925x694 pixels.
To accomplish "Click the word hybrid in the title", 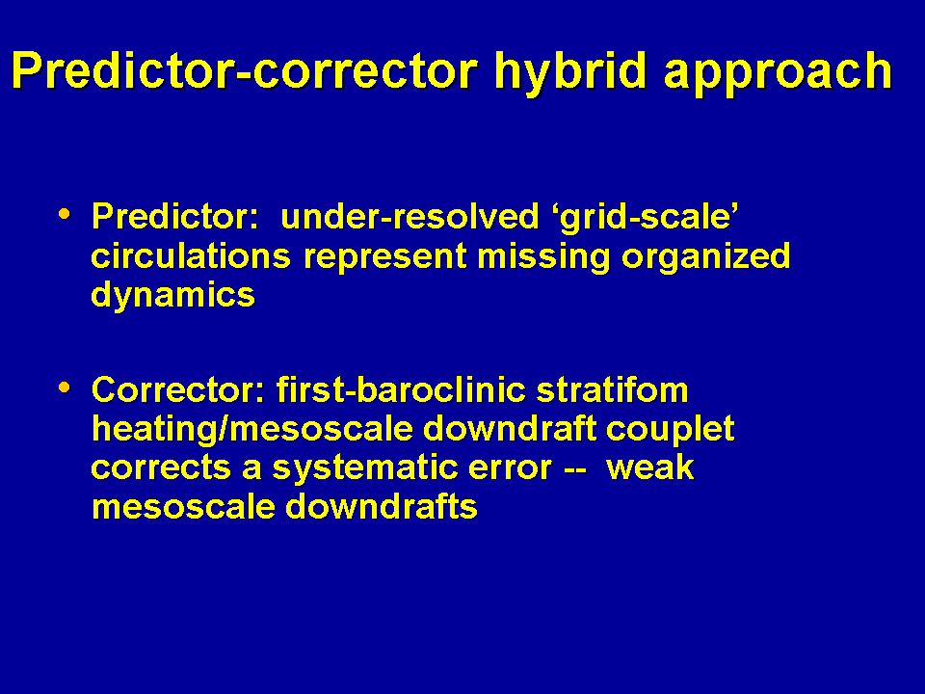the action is coord(570,73).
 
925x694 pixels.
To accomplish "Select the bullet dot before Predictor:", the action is coord(65,214).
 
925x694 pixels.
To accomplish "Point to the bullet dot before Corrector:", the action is coord(65,387).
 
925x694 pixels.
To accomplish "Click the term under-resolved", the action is coord(410,216).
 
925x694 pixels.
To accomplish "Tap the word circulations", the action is coord(191,256).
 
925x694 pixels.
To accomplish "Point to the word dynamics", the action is coord(172,295).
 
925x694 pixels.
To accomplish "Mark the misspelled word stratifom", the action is coord(613,390).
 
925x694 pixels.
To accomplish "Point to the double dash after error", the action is coord(575,469).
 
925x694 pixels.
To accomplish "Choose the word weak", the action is coord(650,467).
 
